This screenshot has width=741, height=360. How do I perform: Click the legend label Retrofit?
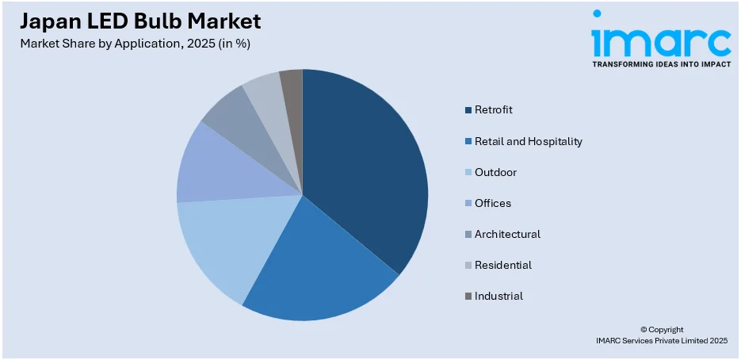[494, 109]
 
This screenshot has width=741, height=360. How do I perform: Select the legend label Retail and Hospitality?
[528, 141]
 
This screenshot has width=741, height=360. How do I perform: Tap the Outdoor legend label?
[495, 172]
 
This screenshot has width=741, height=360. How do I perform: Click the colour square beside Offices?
[468, 204]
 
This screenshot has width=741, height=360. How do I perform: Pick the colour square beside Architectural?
[468, 235]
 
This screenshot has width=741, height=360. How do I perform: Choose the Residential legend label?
[503, 265]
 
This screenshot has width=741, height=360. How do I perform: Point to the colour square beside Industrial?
[468, 297]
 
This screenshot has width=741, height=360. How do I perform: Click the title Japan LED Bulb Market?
[140, 21]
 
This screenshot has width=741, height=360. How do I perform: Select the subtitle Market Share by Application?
[136, 44]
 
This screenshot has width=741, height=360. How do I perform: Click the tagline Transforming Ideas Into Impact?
[661, 63]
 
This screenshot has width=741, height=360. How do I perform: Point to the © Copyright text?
[661, 329]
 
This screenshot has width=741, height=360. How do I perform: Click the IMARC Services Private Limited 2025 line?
[661, 340]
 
